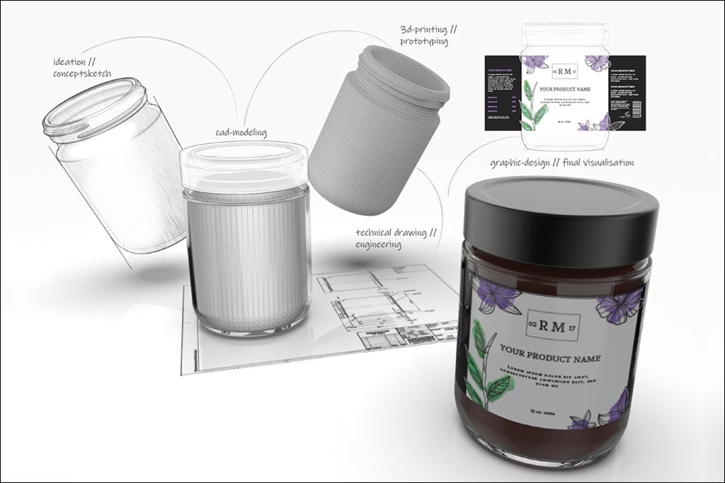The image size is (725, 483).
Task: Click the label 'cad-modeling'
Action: click(241, 132)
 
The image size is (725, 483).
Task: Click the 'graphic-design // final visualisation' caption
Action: click(561, 163)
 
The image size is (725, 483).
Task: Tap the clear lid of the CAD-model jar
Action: click(244, 164)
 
